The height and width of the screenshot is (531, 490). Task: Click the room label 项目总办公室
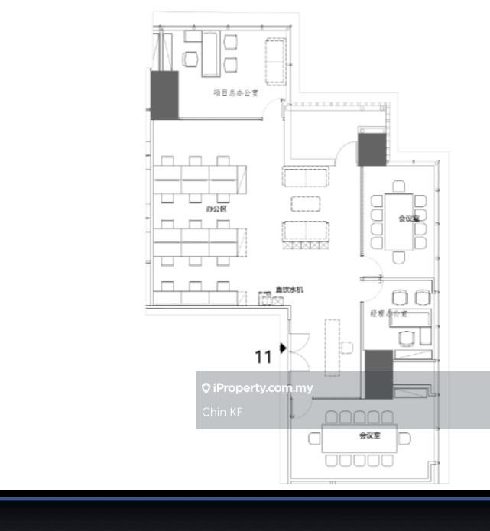tap(235, 92)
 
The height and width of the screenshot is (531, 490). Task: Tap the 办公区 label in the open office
tap(216, 208)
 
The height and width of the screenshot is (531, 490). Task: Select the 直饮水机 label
tap(290, 290)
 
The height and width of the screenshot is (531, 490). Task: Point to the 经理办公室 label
tap(388, 313)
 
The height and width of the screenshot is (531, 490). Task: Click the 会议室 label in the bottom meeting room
tap(370, 435)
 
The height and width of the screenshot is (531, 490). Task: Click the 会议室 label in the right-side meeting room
tap(409, 219)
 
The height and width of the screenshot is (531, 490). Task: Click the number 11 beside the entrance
tap(263, 356)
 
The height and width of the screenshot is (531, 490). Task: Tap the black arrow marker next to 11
tap(283, 348)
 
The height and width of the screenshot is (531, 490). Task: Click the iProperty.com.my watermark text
tap(263, 388)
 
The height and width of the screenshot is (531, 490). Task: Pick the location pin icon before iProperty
tap(206, 388)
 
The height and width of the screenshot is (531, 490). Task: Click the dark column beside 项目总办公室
tap(164, 96)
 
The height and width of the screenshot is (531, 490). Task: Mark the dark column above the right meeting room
tap(372, 147)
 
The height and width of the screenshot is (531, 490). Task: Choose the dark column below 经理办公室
tap(378, 374)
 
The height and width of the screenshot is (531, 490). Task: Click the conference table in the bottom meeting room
tap(360, 439)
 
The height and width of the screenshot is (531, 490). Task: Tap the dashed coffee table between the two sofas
tap(306, 204)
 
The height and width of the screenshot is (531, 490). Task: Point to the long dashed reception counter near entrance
tap(333, 346)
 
